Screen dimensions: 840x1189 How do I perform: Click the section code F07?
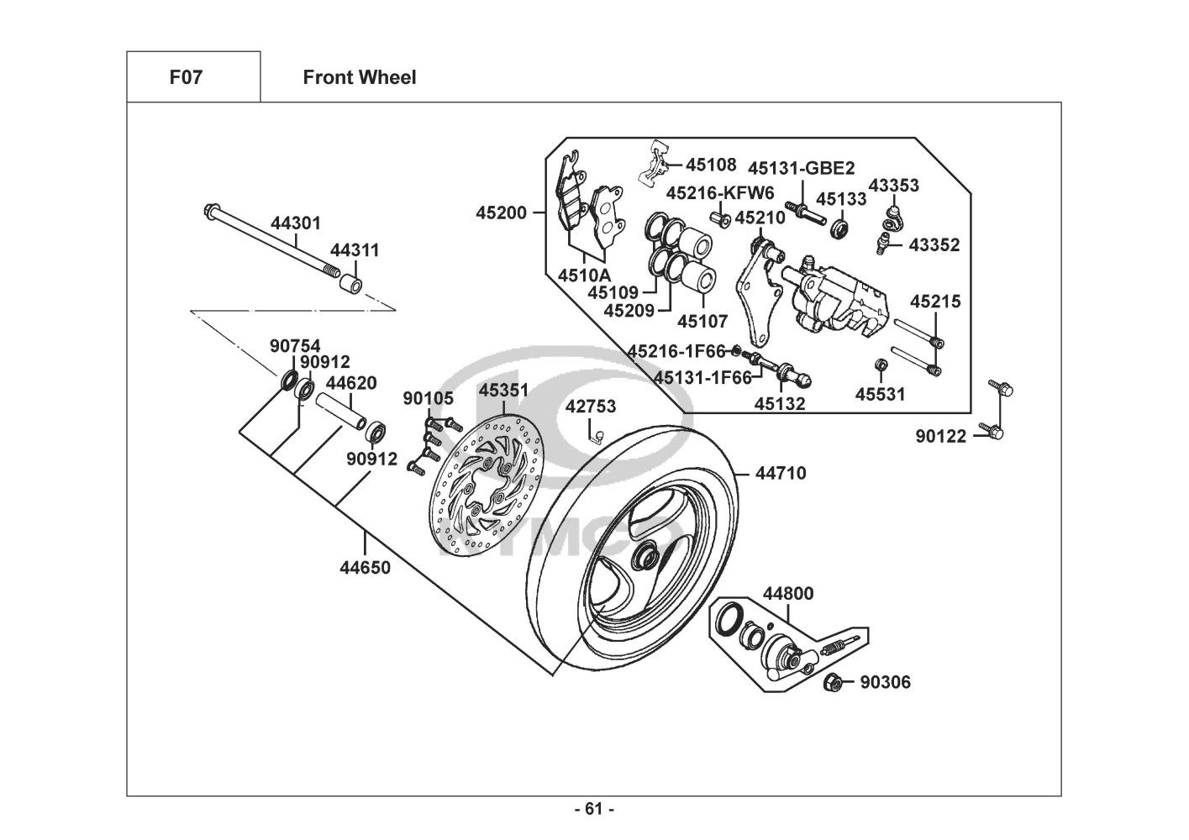(186, 78)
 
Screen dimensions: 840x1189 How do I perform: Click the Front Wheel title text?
(359, 78)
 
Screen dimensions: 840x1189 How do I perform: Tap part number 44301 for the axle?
(295, 223)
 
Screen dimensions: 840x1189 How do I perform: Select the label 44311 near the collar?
(354, 250)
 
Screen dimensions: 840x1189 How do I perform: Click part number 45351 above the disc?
(503, 391)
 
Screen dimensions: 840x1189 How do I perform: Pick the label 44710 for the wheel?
(780, 473)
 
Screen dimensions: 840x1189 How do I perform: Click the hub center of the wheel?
(648, 557)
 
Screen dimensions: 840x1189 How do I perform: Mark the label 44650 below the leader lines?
(365, 567)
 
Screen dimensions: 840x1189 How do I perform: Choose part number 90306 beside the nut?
(884, 682)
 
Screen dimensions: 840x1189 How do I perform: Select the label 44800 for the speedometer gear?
(787, 594)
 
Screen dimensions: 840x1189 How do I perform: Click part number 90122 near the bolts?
(941, 435)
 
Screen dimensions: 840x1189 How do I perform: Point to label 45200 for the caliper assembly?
(501, 213)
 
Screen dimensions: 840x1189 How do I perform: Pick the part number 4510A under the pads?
(584, 275)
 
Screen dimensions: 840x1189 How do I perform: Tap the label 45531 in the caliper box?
(881, 394)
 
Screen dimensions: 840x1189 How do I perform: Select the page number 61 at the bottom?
(594, 810)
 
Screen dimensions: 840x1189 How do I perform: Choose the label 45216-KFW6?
(720, 193)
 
